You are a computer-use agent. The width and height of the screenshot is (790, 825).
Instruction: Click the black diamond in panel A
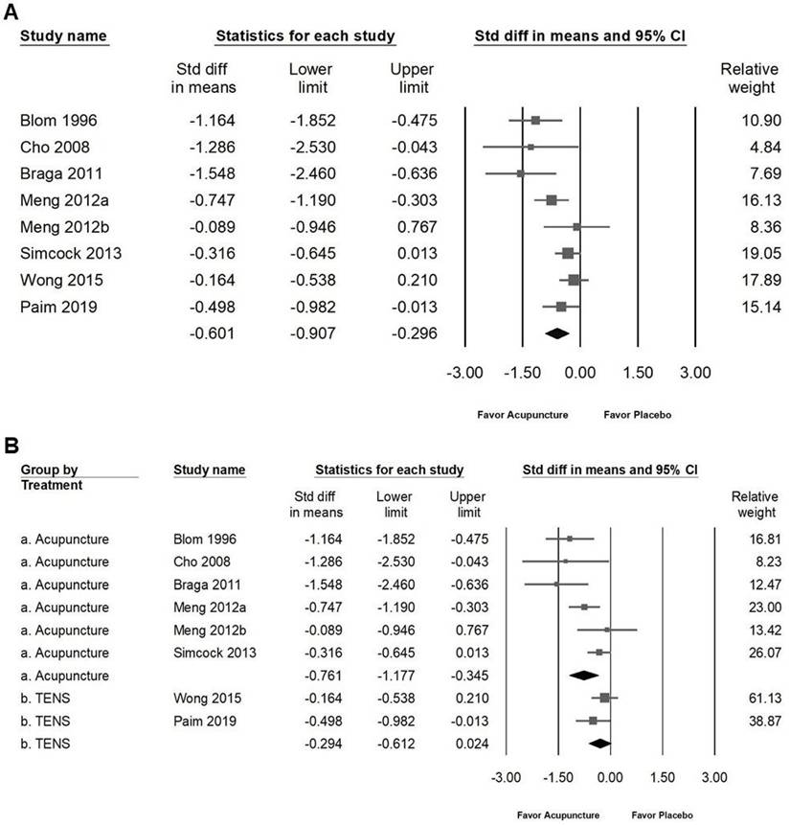click(x=556, y=333)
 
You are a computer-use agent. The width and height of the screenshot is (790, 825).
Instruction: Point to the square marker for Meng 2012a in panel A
click(x=552, y=200)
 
